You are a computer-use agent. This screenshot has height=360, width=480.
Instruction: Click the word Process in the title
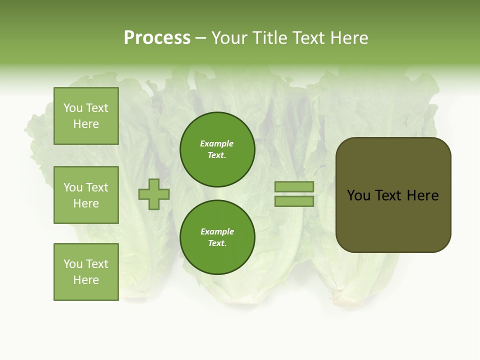157,37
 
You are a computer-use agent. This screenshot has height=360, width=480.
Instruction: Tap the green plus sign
154,194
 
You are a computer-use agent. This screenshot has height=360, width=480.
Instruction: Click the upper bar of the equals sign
294,187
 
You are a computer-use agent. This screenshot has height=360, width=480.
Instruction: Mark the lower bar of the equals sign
294,201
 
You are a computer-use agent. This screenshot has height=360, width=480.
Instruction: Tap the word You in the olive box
358,195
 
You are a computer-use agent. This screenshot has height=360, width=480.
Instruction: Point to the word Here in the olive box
422,195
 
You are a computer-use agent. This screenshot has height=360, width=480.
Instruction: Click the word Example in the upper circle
217,143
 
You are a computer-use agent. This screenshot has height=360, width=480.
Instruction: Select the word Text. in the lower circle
217,243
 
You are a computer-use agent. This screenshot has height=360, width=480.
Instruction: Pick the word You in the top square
72,108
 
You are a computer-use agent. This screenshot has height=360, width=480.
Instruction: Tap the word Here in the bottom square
86,280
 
